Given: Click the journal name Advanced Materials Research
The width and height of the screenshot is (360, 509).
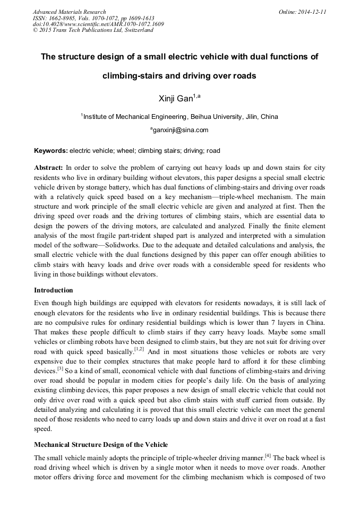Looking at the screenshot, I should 69,12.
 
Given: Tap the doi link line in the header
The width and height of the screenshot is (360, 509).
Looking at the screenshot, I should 98,24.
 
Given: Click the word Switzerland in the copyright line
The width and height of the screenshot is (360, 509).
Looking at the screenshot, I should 138,30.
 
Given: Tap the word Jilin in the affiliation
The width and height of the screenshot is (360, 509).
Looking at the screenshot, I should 252,117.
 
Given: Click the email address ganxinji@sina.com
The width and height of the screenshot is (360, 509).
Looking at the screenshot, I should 181,130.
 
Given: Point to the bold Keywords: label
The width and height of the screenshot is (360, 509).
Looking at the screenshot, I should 51,151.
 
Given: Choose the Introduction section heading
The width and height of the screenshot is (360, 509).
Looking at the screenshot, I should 54,290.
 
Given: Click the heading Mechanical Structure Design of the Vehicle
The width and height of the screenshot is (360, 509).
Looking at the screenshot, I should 101,444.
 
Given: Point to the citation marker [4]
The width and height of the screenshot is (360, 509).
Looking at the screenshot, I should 268,456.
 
